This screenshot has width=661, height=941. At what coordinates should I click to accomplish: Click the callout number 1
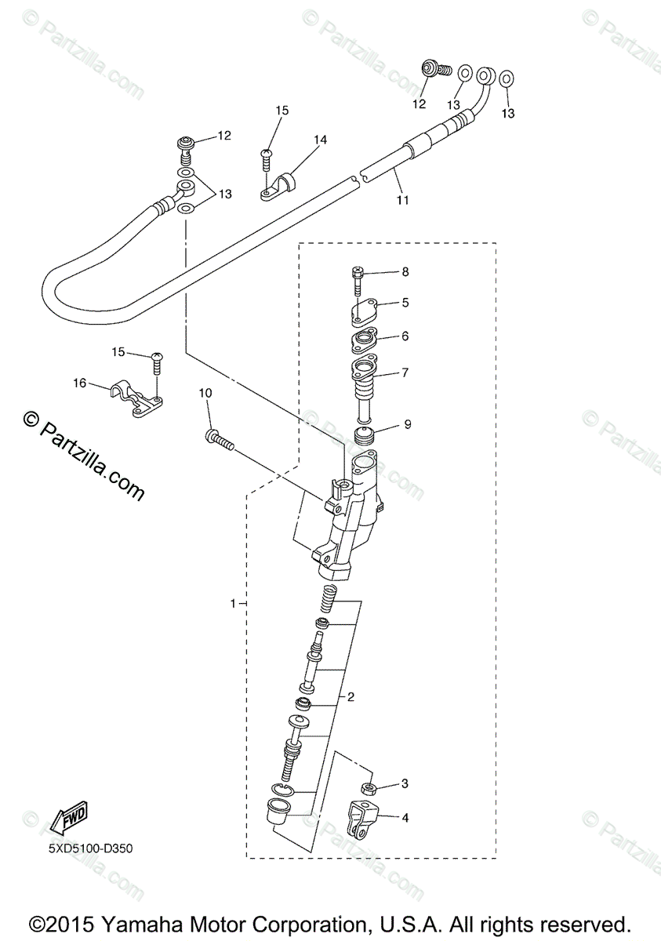[233, 603]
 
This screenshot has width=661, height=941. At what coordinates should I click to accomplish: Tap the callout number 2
[351, 696]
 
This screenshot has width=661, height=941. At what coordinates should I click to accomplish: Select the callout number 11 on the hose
[402, 200]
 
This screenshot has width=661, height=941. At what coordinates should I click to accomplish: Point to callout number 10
[205, 392]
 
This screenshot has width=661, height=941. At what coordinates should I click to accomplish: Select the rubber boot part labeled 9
[363, 437]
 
